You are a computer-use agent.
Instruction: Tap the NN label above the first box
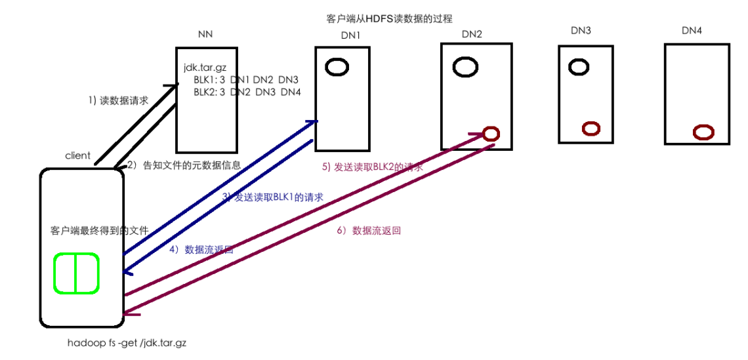205,34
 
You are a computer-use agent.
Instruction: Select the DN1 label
351,35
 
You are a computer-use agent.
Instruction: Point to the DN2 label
472,33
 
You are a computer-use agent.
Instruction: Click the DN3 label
581,30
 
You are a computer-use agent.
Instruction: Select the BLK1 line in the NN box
246,79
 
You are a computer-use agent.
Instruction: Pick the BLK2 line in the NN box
247,92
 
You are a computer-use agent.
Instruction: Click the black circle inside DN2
466,66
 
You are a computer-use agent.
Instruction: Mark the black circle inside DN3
579,66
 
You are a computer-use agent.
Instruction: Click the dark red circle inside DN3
591,129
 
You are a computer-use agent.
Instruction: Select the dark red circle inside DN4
703,132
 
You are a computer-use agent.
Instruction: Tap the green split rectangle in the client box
76,273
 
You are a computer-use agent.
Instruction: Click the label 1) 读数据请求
118,101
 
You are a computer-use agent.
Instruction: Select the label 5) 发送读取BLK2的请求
372,167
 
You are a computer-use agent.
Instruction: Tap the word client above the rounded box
77,156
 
